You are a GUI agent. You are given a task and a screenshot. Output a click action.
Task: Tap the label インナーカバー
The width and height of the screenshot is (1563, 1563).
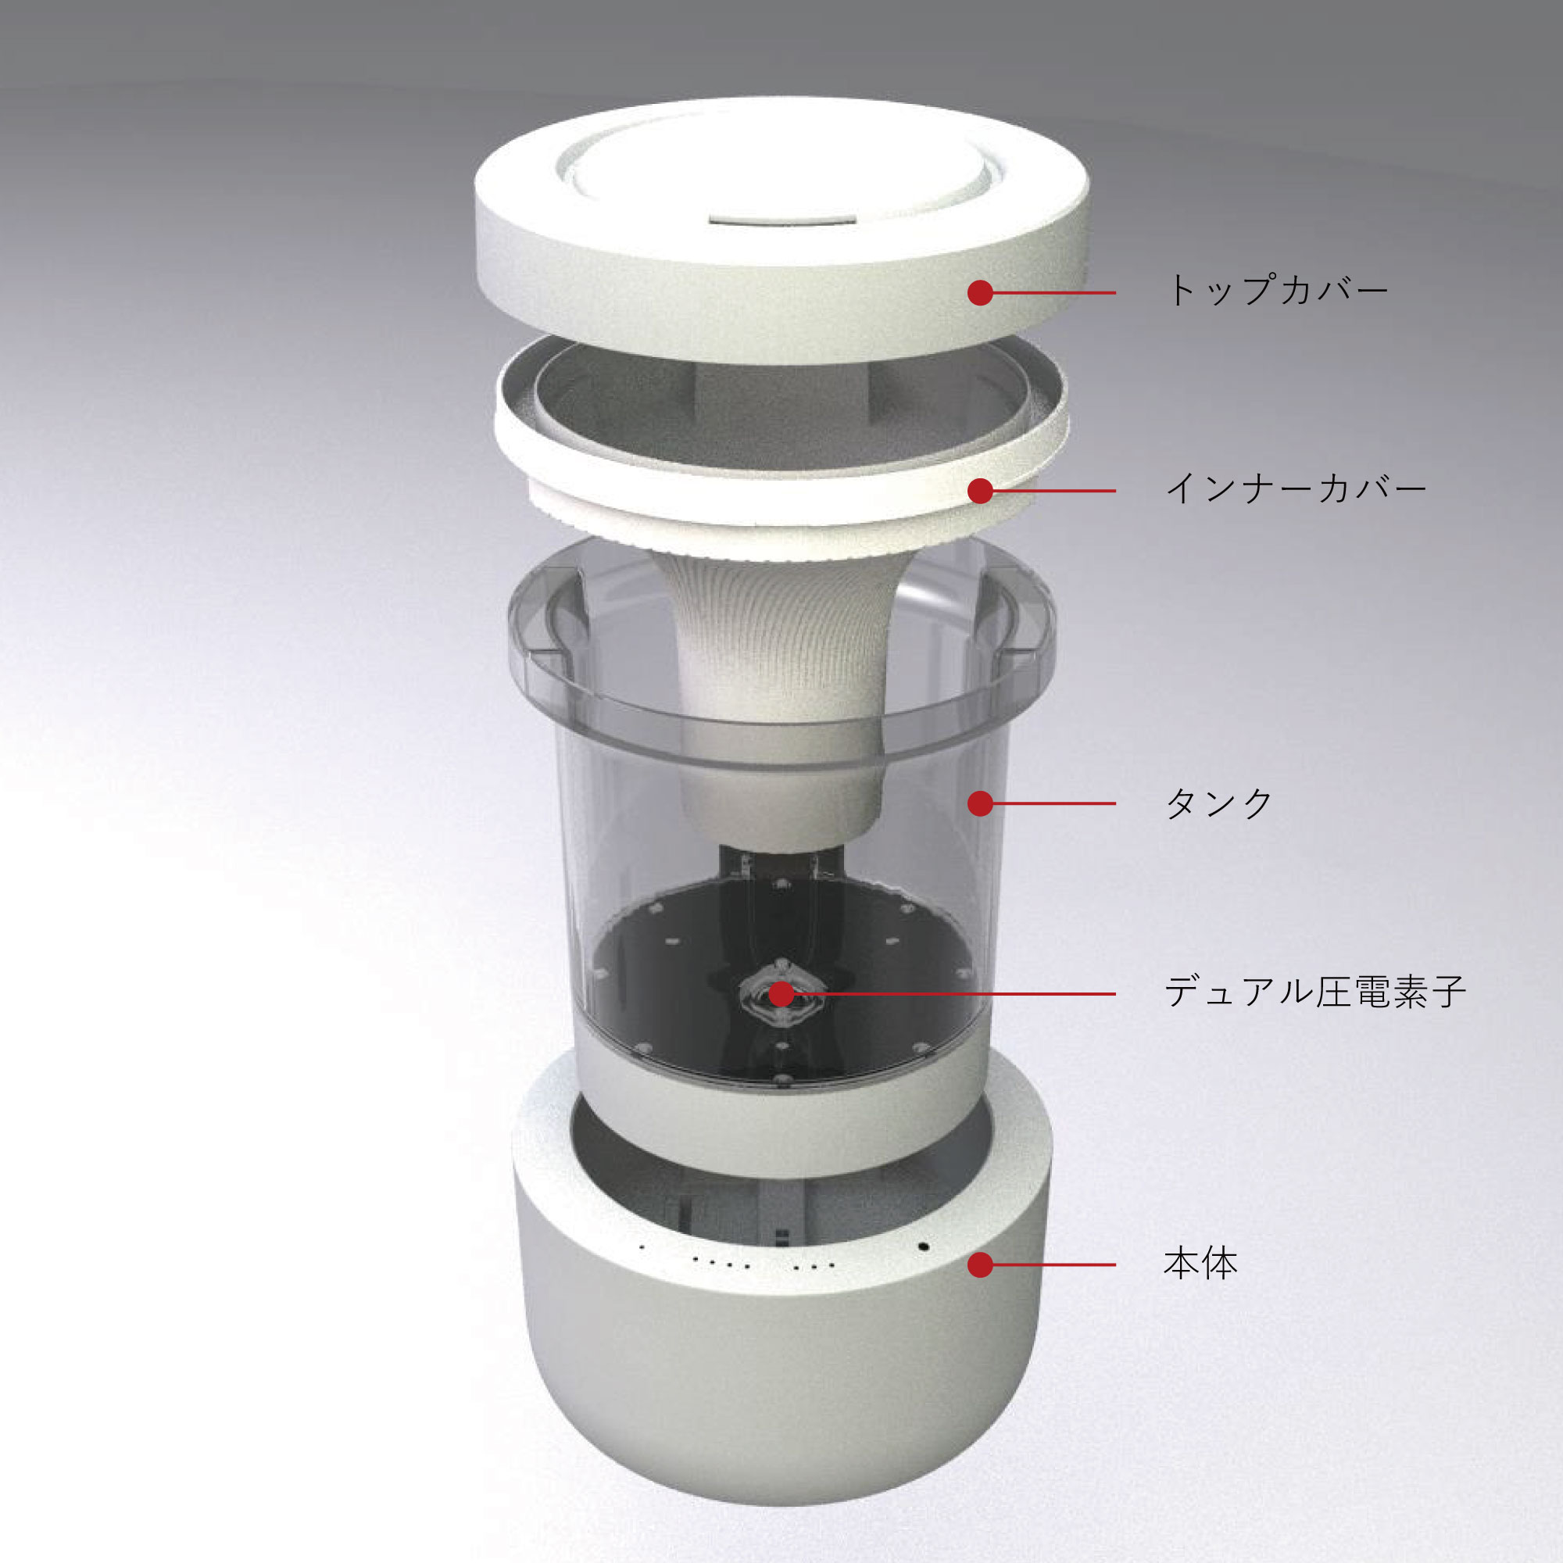click(x=1294, y=489)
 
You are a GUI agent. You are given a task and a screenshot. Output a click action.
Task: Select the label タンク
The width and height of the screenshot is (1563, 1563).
click(x=1219, y=803)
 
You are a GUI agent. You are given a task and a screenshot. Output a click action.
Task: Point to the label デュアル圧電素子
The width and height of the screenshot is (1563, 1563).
click(x=1314, y=992)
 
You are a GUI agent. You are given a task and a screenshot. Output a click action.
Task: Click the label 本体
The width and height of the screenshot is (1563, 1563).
click(x=1200, y=1264)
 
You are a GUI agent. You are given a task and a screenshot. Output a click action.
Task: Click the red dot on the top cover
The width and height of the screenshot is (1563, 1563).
click(x=980, y=293)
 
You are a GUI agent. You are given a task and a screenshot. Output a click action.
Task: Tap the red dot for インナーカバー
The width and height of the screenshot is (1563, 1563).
click(x=980, y=490)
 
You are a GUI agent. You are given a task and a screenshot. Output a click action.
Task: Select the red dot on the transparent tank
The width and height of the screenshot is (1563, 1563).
click(x=980, y=803)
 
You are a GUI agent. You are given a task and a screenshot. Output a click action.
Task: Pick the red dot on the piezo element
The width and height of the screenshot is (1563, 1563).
click(x=781, y=993)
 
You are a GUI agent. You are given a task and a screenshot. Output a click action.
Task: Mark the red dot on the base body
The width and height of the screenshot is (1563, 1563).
click(x=980, y=1264)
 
